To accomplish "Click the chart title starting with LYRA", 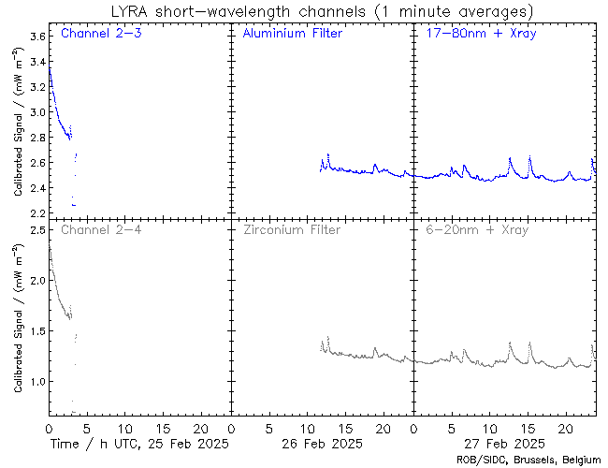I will [320, 11].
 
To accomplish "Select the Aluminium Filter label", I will [292, 34].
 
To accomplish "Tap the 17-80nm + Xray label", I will [478, 34].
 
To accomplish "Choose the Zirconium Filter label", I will [291, 229].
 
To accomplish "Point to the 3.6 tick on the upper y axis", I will [36, 37].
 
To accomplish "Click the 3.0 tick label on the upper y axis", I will [36, 112].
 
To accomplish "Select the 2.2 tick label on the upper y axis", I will [36, 213].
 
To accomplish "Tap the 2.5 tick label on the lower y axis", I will [36, 230].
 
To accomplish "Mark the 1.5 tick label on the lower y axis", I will [36, 331].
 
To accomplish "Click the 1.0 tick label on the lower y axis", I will [36, 382].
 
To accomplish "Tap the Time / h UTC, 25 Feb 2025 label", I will [138, 443].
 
